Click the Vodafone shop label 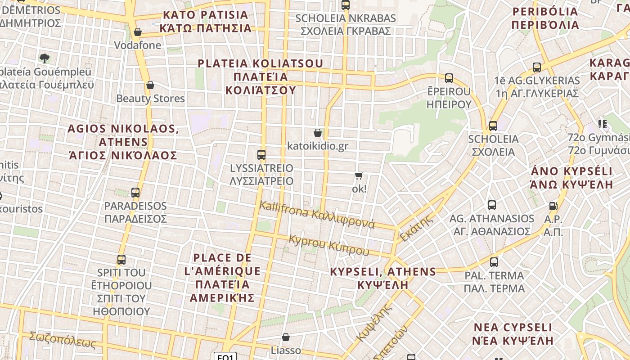(137, 45)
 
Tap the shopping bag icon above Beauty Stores (150, 85)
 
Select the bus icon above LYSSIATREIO (261, 155)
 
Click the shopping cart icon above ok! (359, 175)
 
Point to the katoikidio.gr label (318, 146)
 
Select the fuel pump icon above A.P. (553, 206)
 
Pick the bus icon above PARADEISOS (135, 193)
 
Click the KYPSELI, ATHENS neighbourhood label (383, 278)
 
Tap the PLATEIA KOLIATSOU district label (260, 76)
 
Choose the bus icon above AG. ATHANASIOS (492, 205)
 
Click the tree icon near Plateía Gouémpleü (45, 58)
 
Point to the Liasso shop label (286, 350)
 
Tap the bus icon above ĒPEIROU (449, 78)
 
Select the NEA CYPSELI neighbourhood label (512, 333)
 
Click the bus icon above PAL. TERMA (494, 262)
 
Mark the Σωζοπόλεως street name (63, 340)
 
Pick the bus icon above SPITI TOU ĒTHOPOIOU (121, 260)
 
